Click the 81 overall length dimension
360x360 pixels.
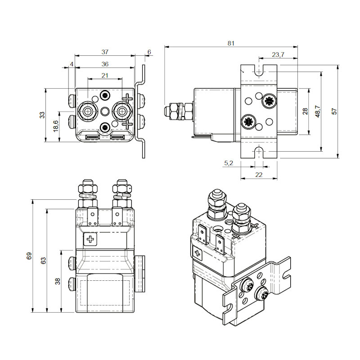(231, 43)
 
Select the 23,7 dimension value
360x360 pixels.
(278, 55)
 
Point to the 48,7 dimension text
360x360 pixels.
(318, 112)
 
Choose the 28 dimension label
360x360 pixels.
(305, 112)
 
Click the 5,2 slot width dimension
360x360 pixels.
(228, 163)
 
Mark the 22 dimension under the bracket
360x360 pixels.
(258, 175)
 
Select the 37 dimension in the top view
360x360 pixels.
(105, 52)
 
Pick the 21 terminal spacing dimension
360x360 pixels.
(105, 75)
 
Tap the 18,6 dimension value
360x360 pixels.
(55, 126)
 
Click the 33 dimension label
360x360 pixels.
(42, 115)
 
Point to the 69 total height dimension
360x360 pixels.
(29, 256)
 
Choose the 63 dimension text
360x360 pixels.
(43, 261)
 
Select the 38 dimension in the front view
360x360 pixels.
(57, 281)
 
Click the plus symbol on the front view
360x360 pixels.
(90, 239)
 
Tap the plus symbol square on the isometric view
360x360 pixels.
(197, 253)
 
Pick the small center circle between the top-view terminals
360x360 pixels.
(105, 111)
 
